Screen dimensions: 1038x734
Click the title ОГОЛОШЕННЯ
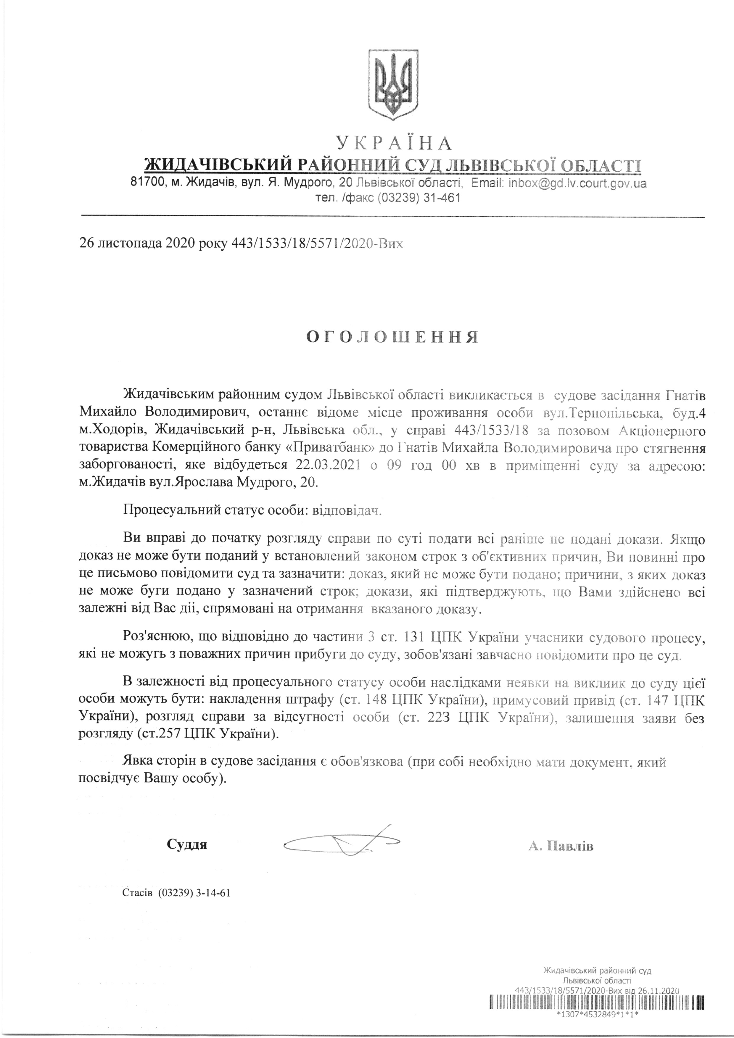[392, 338]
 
